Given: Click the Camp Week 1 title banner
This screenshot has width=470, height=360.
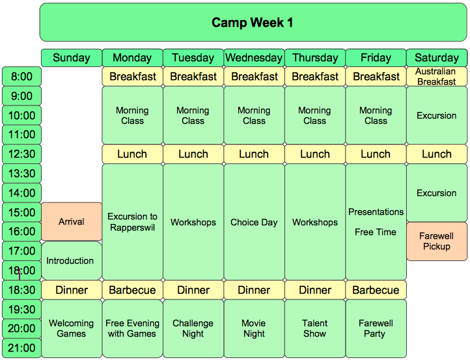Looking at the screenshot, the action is (253, 23).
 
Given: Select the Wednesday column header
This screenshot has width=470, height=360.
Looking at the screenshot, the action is (254, 57).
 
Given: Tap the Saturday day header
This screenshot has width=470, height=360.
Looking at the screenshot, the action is (437, 57).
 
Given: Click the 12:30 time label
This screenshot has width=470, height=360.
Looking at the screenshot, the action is (21, 154).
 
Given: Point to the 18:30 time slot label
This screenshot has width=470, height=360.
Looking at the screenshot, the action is (21, 290).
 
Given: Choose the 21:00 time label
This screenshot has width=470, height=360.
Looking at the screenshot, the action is (21, 348).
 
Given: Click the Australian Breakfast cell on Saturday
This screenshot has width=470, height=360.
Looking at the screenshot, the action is (437, 76).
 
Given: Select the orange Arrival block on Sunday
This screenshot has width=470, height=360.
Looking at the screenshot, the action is (72, 221).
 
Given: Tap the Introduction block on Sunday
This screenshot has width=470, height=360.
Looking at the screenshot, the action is (72, 261).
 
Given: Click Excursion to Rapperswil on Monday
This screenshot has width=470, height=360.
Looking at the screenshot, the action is (133, 222).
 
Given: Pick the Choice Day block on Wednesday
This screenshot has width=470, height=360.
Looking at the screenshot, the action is (254, 222).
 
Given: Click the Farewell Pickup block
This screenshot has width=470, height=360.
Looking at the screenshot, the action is (437, 242).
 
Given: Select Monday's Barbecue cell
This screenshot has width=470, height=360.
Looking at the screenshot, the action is (133, 290).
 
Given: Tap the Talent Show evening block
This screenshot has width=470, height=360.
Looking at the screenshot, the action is (315, 329).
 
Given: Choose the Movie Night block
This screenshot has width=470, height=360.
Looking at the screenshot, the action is (254, 329).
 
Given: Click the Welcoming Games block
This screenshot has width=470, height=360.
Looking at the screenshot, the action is (72, 329).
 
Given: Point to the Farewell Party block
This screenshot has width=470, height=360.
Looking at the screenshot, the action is (376, 329).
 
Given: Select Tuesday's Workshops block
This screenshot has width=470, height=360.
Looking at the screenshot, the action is (193, 222).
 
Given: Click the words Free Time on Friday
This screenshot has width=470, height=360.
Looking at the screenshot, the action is (376, 232).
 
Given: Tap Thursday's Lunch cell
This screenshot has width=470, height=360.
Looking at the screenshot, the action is (315, 154).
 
